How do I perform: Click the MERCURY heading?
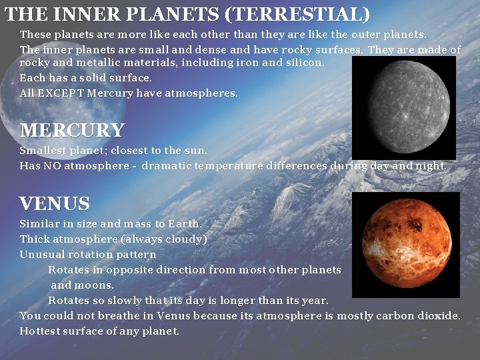tap(72, 130)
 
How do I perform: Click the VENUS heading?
tap(55, 203)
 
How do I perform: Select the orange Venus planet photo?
tap(405, 245)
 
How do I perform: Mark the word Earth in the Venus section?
tap(184, 224)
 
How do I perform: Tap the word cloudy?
tap(187, 239)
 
